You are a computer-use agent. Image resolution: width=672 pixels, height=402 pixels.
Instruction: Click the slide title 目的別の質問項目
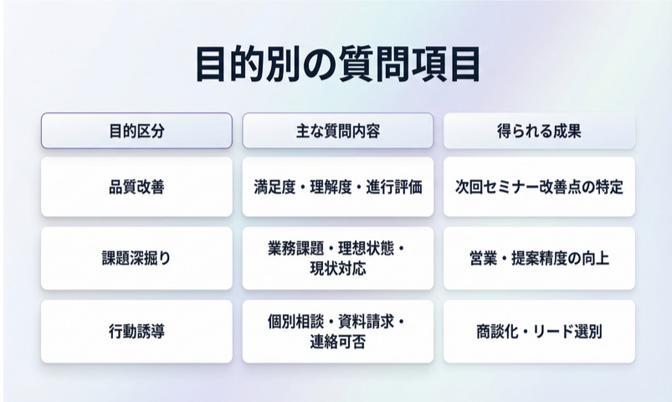338,64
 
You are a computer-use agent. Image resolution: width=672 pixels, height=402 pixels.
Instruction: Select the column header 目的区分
136,131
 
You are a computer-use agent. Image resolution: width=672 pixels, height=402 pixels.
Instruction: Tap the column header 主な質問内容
338,131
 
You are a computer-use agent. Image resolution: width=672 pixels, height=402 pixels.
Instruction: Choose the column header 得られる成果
539,131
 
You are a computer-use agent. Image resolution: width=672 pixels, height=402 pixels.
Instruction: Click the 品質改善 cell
136,187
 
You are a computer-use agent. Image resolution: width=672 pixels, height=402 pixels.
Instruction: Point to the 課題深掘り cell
136,258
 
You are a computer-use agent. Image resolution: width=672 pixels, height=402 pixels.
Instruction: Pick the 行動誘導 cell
136,331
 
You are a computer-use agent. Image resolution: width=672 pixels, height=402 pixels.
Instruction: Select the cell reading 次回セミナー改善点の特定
539,187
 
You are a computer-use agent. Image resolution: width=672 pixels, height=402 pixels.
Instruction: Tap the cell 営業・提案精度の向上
539,258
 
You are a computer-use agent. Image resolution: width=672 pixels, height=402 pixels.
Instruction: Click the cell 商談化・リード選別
539,331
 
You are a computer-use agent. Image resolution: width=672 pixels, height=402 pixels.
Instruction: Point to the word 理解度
331,187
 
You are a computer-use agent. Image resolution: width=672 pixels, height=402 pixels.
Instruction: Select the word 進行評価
394,187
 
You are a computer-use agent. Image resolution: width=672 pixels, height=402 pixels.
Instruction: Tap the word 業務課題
295,248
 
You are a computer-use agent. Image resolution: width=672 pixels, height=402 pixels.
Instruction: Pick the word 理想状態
366,248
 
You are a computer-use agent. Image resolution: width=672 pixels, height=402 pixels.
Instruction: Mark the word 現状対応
338,269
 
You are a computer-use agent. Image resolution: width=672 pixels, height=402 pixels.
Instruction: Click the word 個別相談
295,321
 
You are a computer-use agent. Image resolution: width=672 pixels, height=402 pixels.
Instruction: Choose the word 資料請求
366,321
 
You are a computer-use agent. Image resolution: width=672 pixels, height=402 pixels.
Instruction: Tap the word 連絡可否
338,342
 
